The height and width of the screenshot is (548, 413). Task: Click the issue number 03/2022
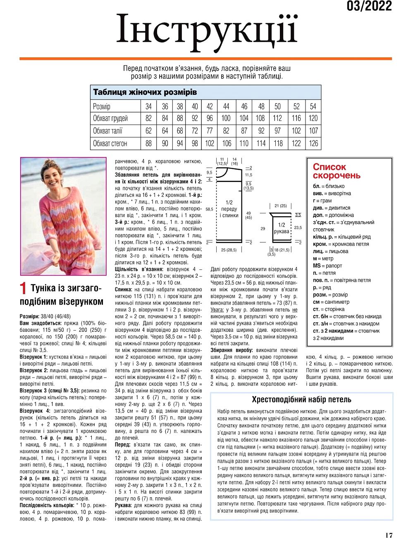point(369,6)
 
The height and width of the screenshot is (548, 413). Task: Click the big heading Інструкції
point(206,30)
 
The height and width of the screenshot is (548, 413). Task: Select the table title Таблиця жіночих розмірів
point(145,92)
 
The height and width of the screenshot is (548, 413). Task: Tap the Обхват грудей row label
point(110,118)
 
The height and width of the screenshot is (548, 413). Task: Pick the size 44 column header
point(226,106)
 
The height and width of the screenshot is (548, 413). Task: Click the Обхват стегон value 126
point(313,144)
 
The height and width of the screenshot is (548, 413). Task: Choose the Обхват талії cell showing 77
point(210,131)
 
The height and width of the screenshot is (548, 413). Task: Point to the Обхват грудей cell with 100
point(226,118)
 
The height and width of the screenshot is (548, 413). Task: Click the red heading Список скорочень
point(337,171)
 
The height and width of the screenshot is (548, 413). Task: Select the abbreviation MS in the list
point(317,266)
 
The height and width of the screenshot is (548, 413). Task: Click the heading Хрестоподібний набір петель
point(301,399)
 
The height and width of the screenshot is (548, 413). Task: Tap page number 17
point(388,535)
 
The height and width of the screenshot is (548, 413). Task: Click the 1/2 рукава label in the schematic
point(281,228)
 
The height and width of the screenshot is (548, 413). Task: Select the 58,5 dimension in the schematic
point(209,209)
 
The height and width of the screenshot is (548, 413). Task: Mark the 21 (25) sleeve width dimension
point(280,205)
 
